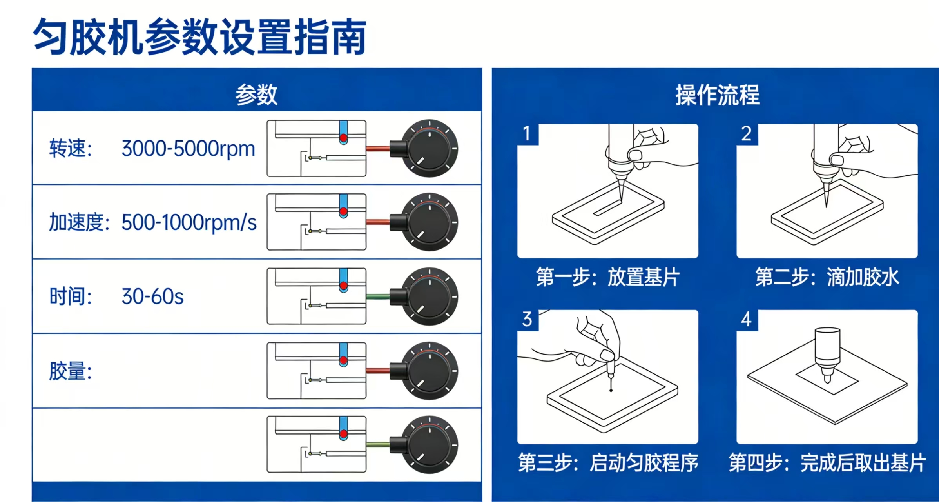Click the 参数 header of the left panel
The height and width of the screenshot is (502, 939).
tap(256, 95)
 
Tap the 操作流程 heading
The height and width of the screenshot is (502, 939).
tap(717, 95)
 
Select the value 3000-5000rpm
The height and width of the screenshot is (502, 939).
tap(188, 149)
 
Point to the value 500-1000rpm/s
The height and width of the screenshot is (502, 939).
tap(189, 223)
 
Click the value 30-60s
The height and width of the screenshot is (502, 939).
tap(152, 297)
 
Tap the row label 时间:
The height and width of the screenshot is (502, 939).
tap(71, 297)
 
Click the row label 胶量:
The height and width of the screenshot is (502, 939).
tap(71, 371)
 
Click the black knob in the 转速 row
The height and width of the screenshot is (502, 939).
tap(430, 149)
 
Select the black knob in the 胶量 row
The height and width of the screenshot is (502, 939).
tap(430, 371)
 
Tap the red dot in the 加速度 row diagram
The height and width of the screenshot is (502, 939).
tap(344, 212)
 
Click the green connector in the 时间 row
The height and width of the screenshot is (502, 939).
tap(378, 296)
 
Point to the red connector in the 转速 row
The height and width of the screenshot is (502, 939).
tap(378, 149)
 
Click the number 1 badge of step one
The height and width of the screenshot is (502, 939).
tap(527, 134)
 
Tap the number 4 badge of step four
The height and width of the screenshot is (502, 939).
tap(746, 320)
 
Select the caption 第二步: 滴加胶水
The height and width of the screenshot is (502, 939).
tap(827, 277)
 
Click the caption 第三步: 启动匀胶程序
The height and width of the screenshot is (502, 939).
tap(608, 463)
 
